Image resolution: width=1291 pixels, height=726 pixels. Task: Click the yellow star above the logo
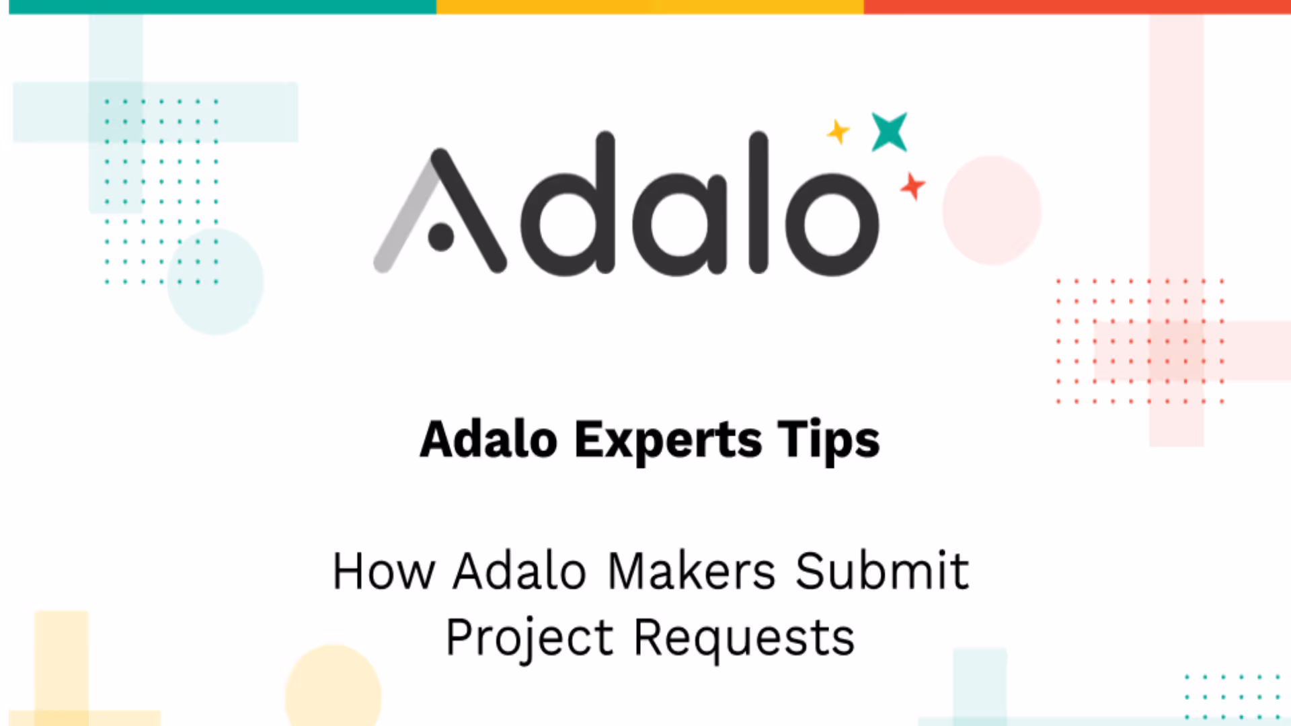click(x=838, y=132)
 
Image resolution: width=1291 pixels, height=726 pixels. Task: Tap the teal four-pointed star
click(x=889, y=132)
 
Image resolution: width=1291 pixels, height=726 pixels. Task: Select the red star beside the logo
click(x=912, y=186)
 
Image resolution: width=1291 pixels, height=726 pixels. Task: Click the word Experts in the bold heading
click(x=668, y=440)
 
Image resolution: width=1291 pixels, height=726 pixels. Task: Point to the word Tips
click(x=828, y=440)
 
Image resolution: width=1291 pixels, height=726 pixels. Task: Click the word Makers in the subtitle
click(x=691, y=571)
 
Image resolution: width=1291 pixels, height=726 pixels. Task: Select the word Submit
click(x=882, y=571)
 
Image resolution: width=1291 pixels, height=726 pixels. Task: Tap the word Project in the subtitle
click(x=530, y=637)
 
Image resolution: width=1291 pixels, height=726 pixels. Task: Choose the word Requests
click(x=744, y=637)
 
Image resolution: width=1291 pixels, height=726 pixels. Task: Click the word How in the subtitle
click(x=383, y=571)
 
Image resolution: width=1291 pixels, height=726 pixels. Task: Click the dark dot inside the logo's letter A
click(x=440, y=237)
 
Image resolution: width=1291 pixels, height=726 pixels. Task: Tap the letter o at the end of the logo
click(x=832, y=224)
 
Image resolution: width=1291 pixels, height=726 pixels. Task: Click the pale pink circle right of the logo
click(x=991, y=210)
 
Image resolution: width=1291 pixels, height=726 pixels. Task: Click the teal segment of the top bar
click(x=222, y=7)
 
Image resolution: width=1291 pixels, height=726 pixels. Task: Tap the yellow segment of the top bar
click(x=650, y=7)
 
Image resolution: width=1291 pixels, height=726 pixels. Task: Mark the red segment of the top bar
click(x=1076, y=7)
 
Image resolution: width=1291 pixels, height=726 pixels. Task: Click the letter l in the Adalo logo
click(x=758, y=202)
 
